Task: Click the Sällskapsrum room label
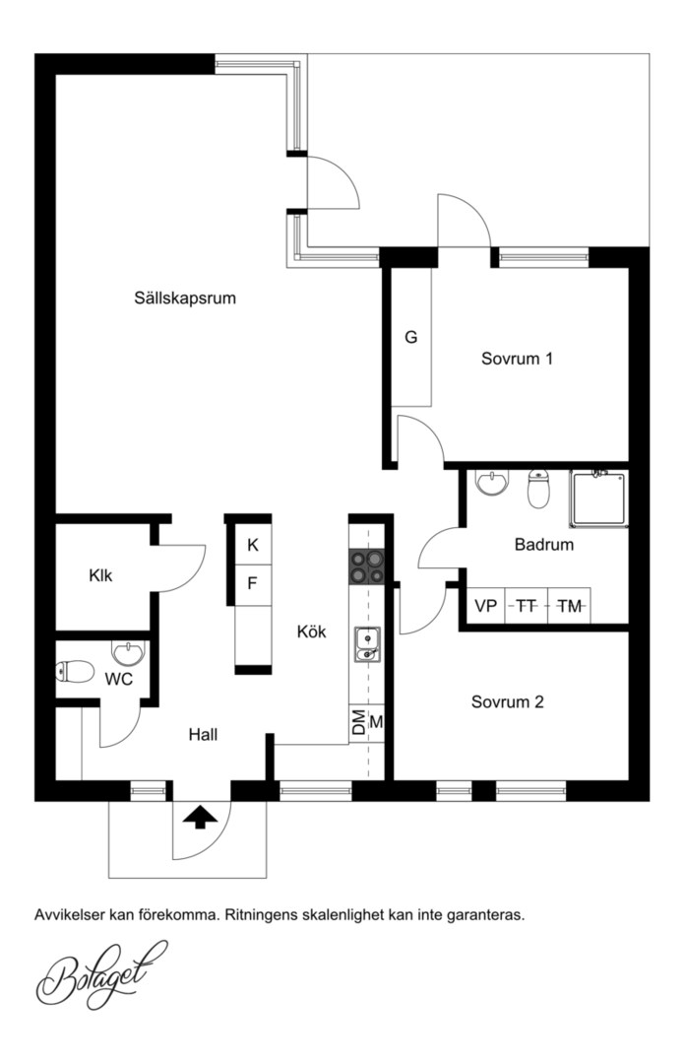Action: pyautogui.click(x=184, y=298)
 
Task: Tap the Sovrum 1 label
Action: pyautogui.click(x=517, y=359)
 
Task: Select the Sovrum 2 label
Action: pyautogui.click(x=507, y=701)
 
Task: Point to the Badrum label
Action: pyautogui.click(x=544, y=544)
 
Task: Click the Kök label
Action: pyautogui.click(x=311, y=632)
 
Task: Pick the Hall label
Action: pyautogui.click(x=203, y=734)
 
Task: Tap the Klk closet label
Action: pyautogui.click(x=100, y=575)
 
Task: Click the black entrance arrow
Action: pyautogui.click(x=201, y=817)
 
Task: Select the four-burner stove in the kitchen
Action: pyautogui.click(x=366, y=566)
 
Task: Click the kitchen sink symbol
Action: pyautogui.click(x=367, y=644)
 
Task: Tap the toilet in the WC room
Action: pyautogui.click(x=75, y=673)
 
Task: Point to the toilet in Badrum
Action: pyautogui.click(x=538, y=489)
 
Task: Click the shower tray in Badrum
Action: pyautogui.click(x=598, y=499)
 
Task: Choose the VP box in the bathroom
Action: pyautogui.click(x=486, y=606)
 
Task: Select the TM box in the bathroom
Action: pyautogui.click(x=569, y=606)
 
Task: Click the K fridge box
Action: pyautogui.click(x=253, y=544)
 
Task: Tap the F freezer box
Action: pyautogui.click(x=253, y=583)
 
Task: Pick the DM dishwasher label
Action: pyautogui.click(x=358, y=723)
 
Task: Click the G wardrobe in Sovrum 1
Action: pyautogui.click(x=411, y=337)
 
